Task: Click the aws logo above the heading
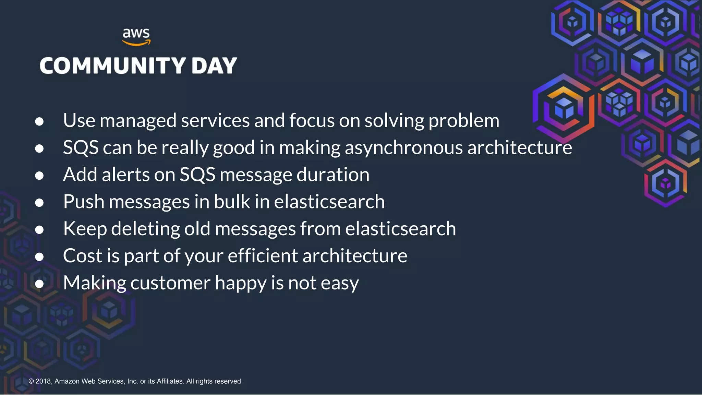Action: click(x=136, y=36)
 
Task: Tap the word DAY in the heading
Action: click(x=214, y=65)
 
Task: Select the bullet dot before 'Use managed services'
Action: click(x=39, y=121)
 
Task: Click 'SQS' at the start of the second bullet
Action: click(x=81, y=148)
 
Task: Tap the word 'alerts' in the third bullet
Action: click(x=126, y=175)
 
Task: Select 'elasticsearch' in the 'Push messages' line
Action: click(x=329, y=202)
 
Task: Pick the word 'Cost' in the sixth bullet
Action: click(x=83, y=256)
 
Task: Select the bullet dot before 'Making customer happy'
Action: click(x=39, y=284)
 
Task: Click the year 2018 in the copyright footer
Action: click(x=43, y=381)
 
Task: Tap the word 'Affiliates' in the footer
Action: click(x=170, y=381)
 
